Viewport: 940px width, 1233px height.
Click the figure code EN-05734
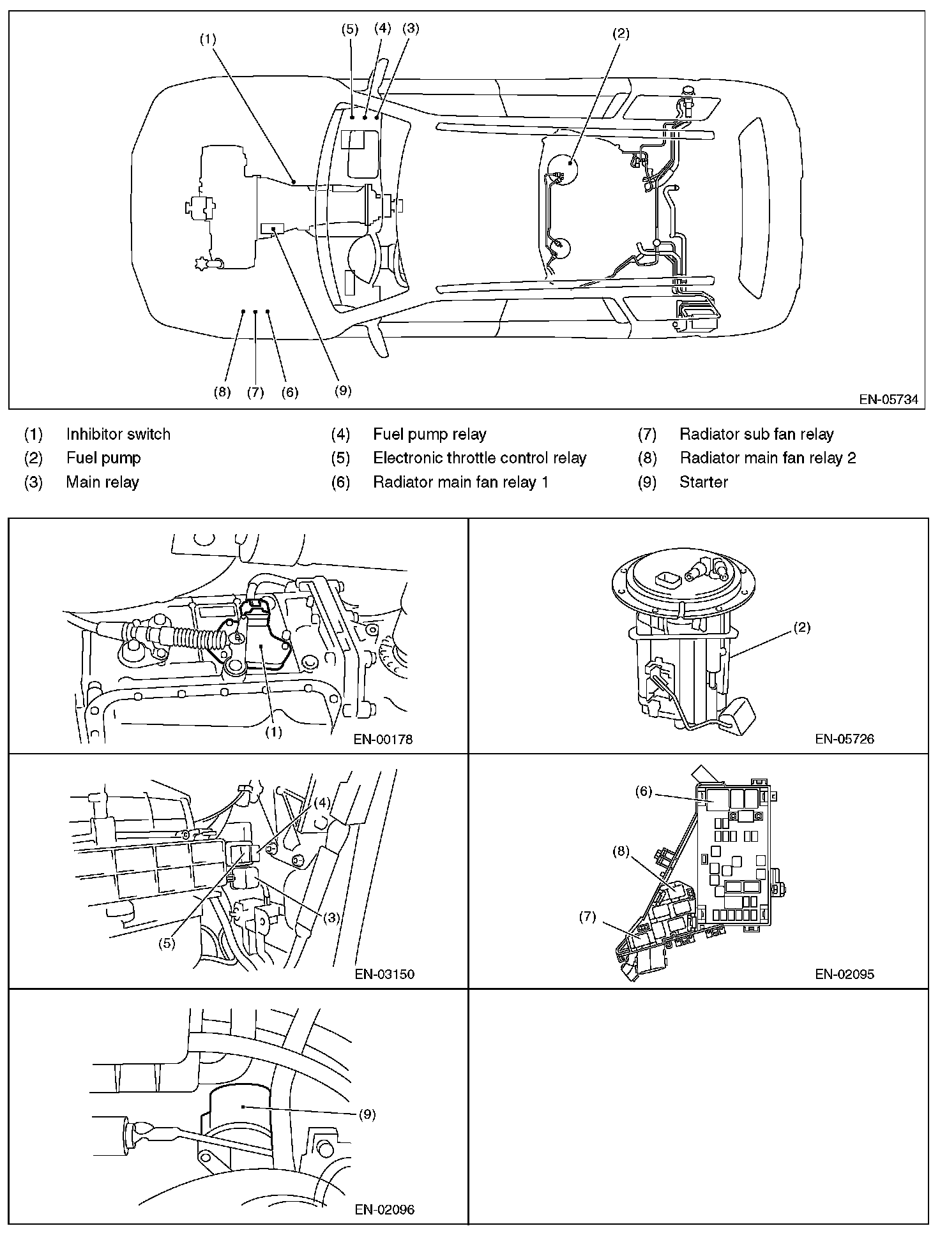tap(888, 400)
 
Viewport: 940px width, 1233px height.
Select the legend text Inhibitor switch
tap(118, 435)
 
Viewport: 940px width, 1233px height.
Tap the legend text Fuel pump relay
tap(430, 435)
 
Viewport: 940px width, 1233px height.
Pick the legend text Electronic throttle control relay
tap(480, 458)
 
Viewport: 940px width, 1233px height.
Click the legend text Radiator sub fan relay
tap(757, 435)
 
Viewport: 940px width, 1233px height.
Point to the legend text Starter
tap(704, 482)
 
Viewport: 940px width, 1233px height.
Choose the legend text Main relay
tap(102, 482)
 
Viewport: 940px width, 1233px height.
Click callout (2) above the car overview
tap(621, 34)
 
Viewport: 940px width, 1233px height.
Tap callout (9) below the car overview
tap(343, 391)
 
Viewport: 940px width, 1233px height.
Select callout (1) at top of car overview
tap(208, 38)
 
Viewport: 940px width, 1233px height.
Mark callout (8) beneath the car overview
tap(222, 392)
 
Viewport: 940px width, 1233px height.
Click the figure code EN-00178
tap(383, 740)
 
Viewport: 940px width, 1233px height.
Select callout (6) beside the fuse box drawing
tap(644, 792)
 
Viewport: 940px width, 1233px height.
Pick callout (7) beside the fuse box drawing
tap(587, 917)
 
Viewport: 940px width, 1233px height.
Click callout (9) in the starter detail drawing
tap(367, 1114)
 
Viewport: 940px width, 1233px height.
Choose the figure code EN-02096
tap(384, 1209)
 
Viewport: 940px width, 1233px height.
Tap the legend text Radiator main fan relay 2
tap(768, 458)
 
